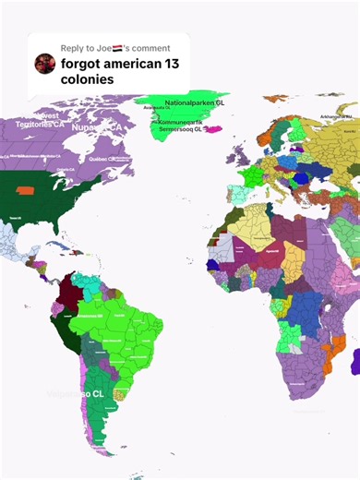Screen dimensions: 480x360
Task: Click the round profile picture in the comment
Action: tap(44, 63)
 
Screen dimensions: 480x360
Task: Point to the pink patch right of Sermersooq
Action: tap(213, 129)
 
